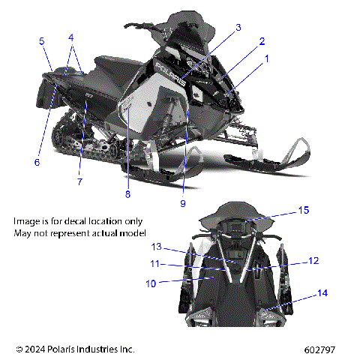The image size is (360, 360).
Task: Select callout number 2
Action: pyautogui.click(x=262, y=41)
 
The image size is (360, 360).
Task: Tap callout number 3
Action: pyautogui.click(x=238, y=28)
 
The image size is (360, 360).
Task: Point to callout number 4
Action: pyautogui.click(x=71, y=37)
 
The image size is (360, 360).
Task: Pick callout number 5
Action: pyautogui.click(x=42, y=41)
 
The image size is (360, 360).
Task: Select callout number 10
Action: pyautogui.click(x=151, y=283)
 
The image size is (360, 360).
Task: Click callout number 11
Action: pyautogui.click(x=154, y=264)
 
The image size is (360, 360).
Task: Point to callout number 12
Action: pyautogui.click(x=313, y=261)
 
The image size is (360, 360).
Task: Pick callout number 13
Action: pyautogui.click(x=156, y=247)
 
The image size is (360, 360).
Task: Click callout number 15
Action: pyautogui.click(x=303, y=211)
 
